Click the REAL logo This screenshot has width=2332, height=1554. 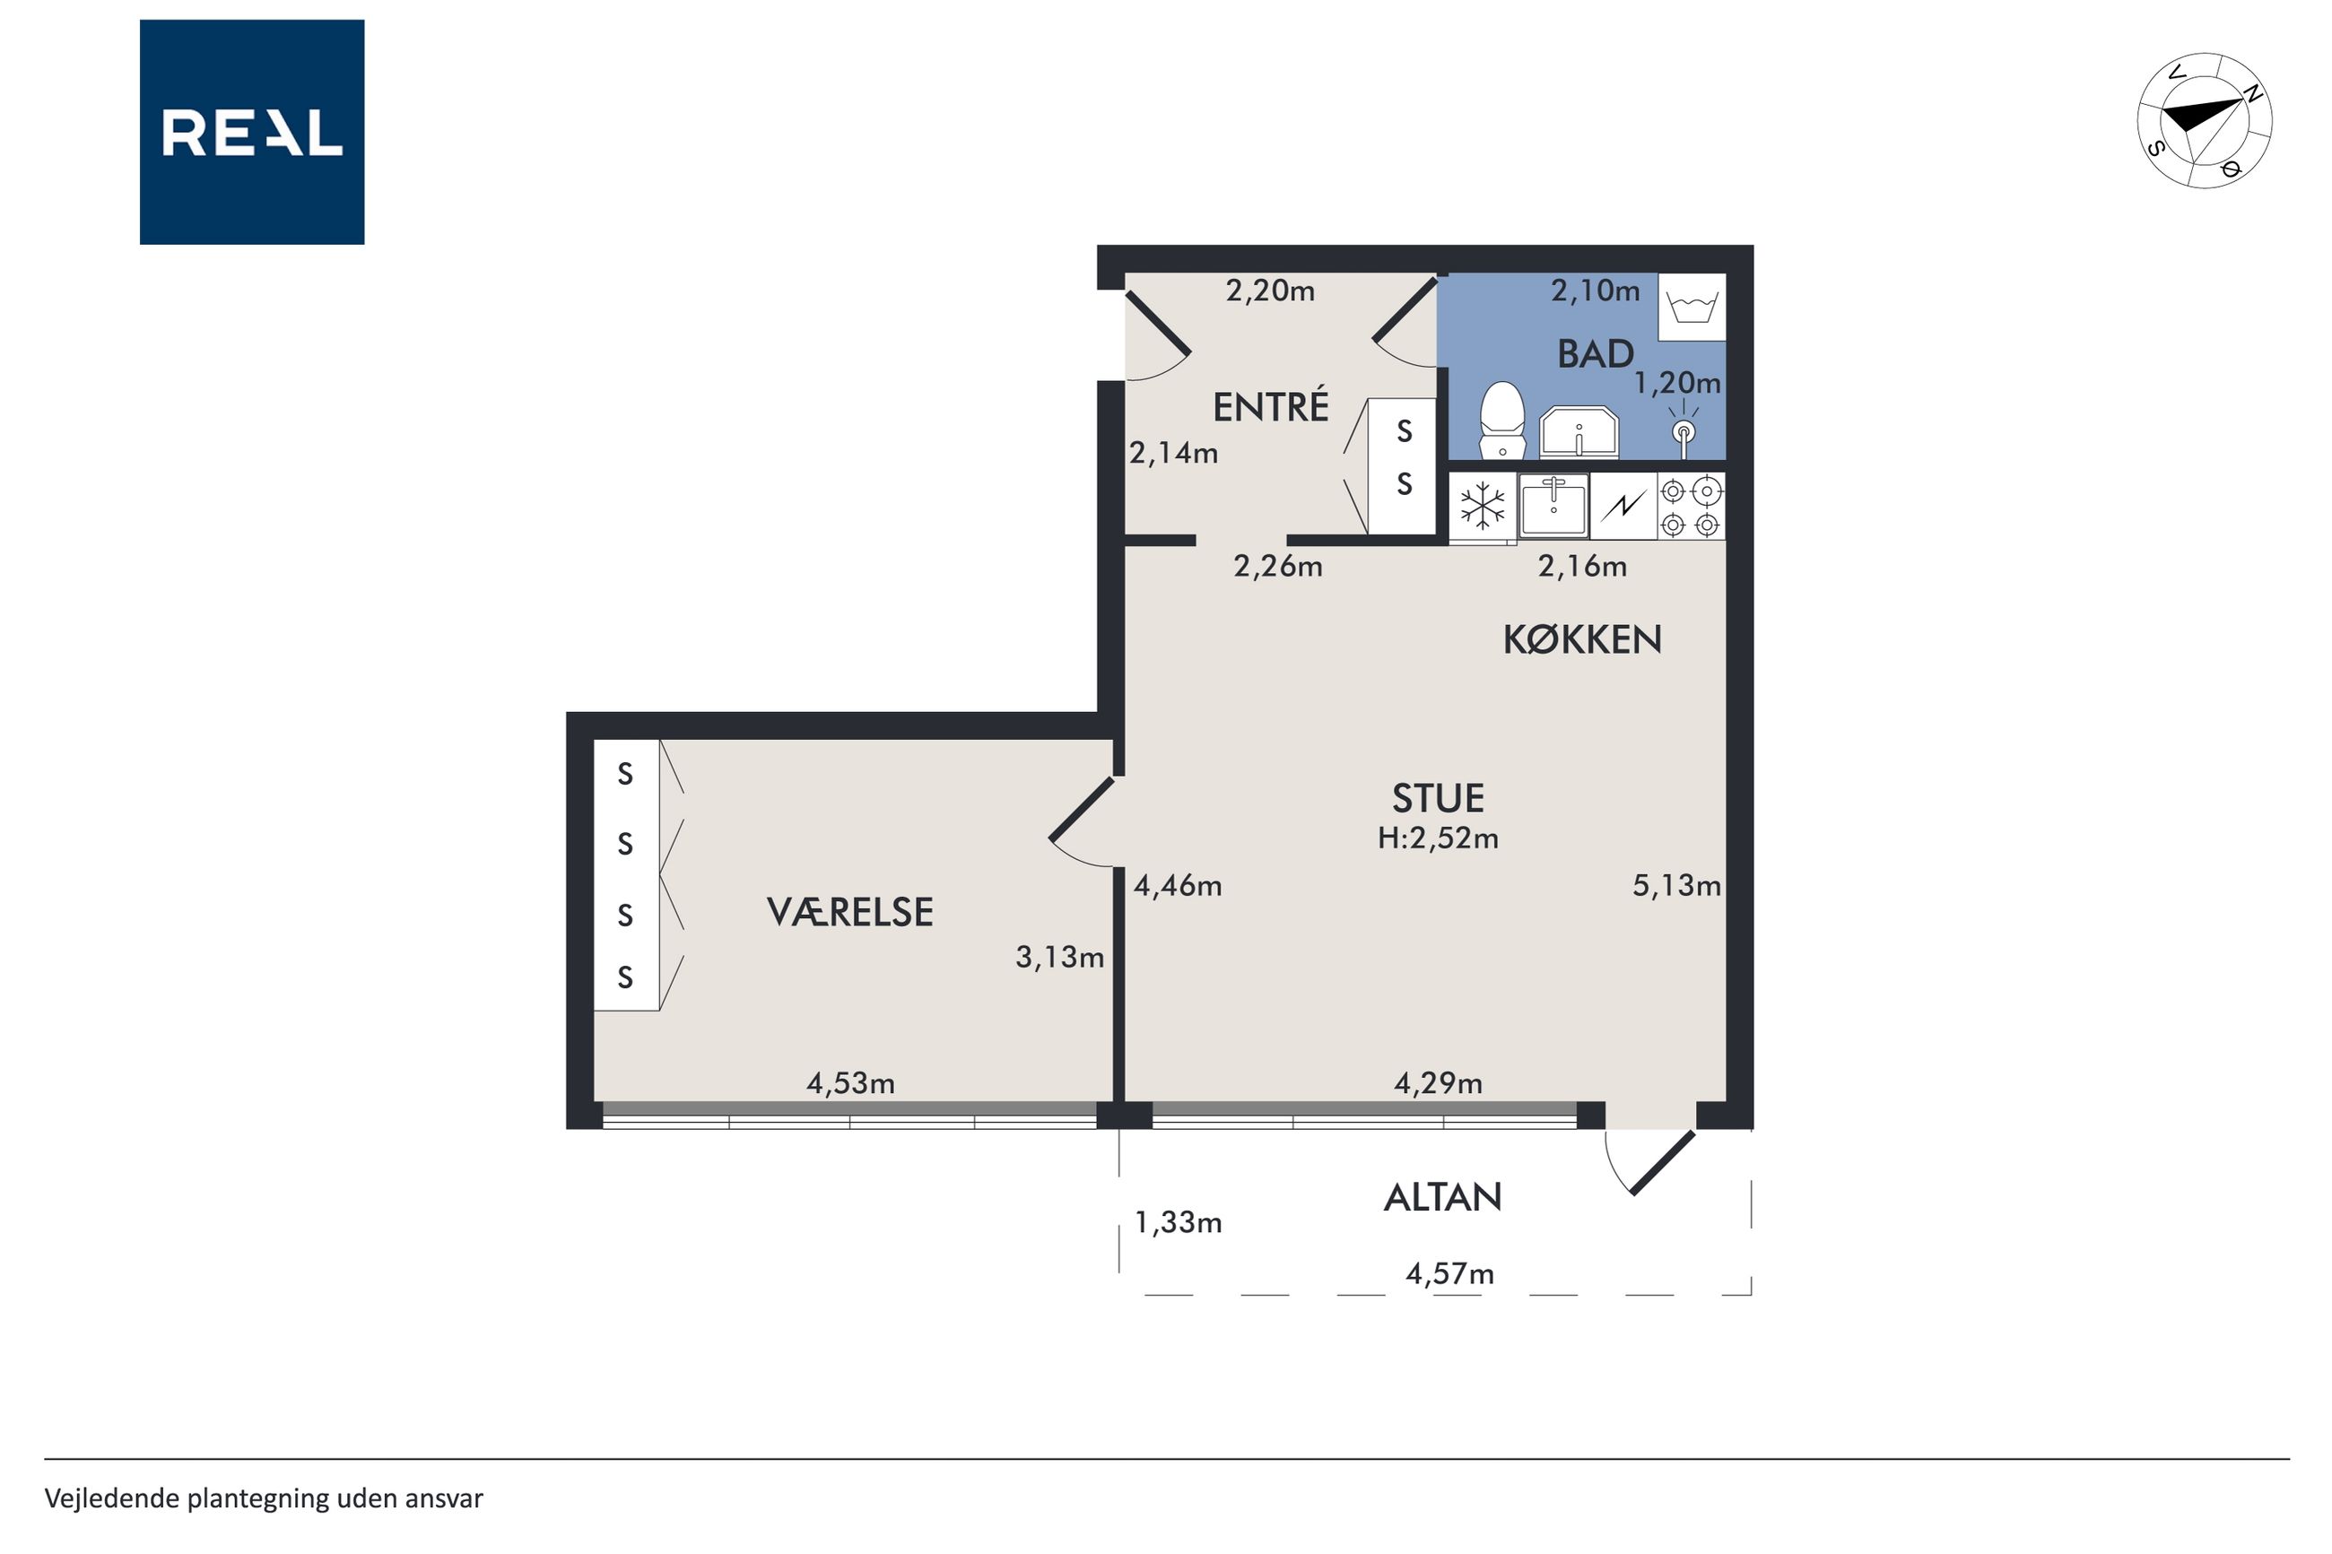click(252, 132)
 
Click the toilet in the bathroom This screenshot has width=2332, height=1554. click(1501, 421)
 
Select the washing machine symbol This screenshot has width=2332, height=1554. click(1692, 308)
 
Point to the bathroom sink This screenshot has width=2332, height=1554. click(1578, 433)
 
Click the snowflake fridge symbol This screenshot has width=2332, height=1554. click(1483, 507)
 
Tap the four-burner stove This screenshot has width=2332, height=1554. click(1691, 507)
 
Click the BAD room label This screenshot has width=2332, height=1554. click(1595, 354)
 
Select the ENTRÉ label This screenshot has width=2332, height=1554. click(1271, 406)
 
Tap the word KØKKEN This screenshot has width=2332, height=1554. click(1582, 640)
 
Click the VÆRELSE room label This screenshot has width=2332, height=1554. click(849, 912)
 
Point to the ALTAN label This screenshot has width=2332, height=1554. click(1442, 1197)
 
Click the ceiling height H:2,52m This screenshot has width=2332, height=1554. click(1437, 838)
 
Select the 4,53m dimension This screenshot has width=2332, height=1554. click(850, 1083)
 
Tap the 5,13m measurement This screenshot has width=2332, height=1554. click(1676, 885)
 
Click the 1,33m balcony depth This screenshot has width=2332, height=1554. click(1178, 1223)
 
